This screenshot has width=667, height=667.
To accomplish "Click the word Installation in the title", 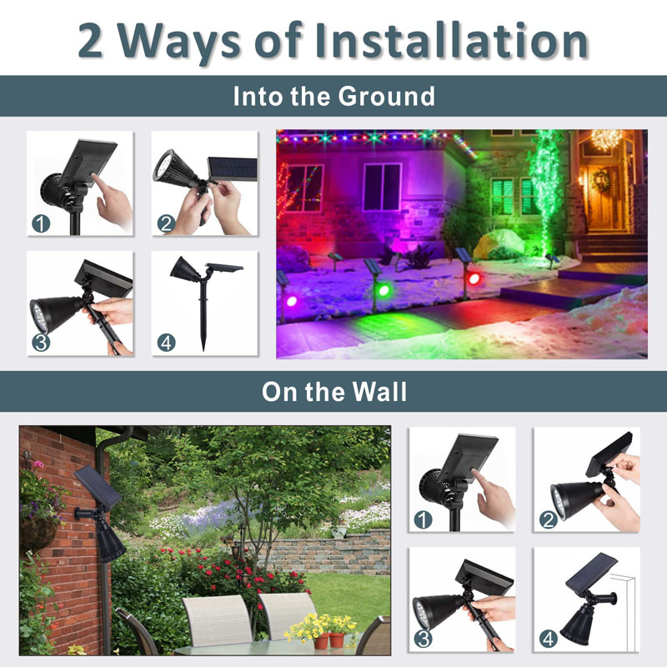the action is [451, 40].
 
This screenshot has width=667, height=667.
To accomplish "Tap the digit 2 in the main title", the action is [91, 40].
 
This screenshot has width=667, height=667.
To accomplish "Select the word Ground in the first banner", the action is [386, 96].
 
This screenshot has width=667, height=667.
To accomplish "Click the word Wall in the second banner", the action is [380, 391].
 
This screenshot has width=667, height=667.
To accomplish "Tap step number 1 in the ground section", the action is [41, 223].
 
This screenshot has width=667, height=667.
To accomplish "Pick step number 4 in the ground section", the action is [166, 343].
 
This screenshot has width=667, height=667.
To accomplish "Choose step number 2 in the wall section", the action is [549, 519].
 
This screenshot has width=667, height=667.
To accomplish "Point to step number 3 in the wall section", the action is [423, 639].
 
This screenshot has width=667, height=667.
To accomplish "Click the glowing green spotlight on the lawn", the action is [384, 290].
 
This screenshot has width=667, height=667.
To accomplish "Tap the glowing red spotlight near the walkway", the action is [474, 279].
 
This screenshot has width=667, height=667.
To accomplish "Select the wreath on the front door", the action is [599, 181].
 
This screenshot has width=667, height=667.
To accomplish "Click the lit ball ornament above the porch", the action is [606, 139].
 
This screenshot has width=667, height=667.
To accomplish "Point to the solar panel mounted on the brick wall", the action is [97, 487].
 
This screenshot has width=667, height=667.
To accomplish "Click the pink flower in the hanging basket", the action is [38, 464].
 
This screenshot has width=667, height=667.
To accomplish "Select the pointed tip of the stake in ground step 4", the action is [203, 349].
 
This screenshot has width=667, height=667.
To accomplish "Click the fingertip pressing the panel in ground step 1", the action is [93, 175].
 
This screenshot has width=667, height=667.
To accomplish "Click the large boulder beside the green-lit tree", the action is [499, 243].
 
